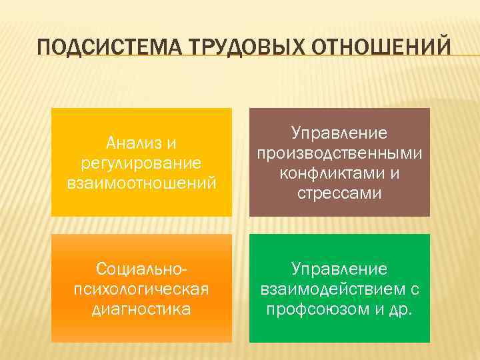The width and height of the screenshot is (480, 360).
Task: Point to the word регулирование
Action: pos(141,163)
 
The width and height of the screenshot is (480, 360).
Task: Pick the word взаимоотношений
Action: pos(141,182)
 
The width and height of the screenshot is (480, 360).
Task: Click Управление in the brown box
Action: pos(340,134)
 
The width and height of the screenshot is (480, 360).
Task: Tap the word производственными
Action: pos(340,153)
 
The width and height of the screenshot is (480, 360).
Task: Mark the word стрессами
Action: pos(340,193)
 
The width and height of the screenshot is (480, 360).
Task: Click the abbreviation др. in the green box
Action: pos(400,309)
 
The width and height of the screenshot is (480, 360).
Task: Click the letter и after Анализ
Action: pos(171,143)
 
